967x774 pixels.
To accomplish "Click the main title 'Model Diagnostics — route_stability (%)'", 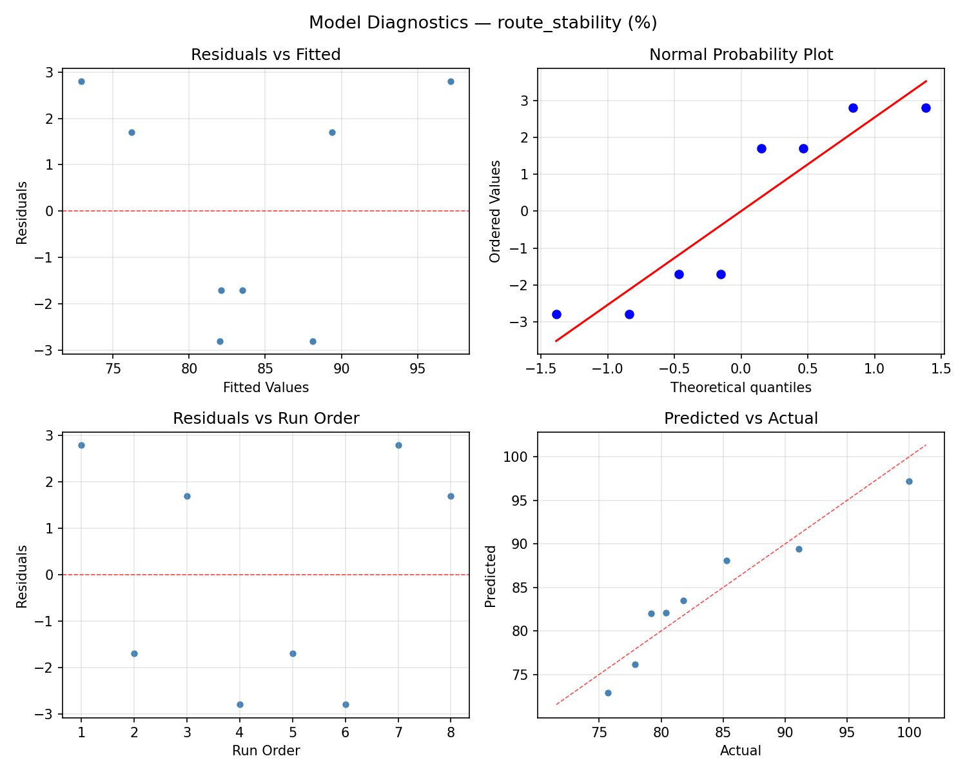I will click(x=483, y=23).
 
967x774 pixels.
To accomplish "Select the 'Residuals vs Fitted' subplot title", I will click(x=266, y=55).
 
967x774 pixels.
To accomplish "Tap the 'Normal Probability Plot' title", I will click(x=741, y=55).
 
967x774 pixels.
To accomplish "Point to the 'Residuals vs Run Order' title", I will click(x=266, y=419).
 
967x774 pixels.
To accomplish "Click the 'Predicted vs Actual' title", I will click(x=741, y=419).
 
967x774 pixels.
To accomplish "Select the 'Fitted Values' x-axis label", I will click(x=266, y=388).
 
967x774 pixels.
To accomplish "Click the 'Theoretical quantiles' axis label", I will click(x=741, y=388).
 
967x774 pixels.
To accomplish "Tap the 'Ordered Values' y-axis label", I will click(x=495, y=212).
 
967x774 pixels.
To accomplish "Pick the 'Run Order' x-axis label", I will click(x=266, y=751).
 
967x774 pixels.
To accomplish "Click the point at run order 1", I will click(x=81, y=445).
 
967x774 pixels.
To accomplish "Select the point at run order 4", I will click(x=240, y=704).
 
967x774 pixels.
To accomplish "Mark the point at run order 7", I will click(x=398, y=445).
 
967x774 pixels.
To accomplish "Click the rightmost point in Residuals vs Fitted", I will click(x=451, y=81).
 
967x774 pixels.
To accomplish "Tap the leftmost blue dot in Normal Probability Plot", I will click(x=556, y=314).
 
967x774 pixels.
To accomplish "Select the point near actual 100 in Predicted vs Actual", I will click(x=909, y=481).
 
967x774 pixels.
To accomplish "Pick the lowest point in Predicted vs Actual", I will click(x=608, y=693).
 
